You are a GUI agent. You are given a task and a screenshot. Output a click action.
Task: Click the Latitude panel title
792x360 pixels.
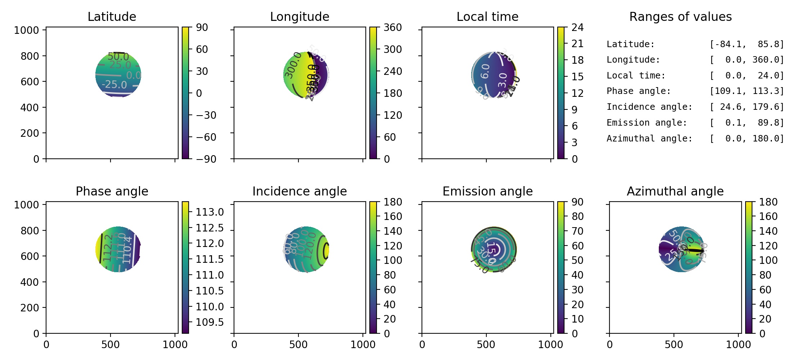pyautogui.click(x=112, y=17)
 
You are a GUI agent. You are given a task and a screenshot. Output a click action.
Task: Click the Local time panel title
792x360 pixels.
pyautogui.click(x=487, y=17)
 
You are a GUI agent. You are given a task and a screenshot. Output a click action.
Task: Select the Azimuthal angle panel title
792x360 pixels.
pyautogui.click(x=675, y=191)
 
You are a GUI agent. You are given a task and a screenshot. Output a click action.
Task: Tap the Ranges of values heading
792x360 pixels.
pyautogui.click(x=680, y=17)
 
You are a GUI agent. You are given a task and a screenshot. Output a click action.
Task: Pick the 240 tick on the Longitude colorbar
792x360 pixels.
pyautogui.click(x=392, y=71)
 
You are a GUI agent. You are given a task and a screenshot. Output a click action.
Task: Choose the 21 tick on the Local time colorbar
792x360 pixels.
pyautogui.click(x=577, y=44)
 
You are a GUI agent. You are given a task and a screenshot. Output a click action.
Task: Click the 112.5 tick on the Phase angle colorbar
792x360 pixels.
pyautogui.click(x=210, y=228)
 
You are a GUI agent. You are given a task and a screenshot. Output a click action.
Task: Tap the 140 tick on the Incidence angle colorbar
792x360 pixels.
pyautogui.click(x=392, y=231)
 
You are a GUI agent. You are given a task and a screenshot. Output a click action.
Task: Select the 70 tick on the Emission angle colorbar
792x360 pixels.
pyautogui.click(x=577, y=231)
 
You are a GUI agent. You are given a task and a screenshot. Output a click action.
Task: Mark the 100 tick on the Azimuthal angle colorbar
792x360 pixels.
pyautogui.click(x=768, y=260)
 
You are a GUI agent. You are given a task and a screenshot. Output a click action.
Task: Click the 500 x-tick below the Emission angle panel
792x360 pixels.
pyautogui.click(x=486, y=345)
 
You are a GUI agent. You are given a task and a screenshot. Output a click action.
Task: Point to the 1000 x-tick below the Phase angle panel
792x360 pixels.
pyautogui.click(x=175, y=345)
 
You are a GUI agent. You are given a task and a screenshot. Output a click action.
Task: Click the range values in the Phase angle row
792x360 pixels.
pyautogui.click(x=747, y=91)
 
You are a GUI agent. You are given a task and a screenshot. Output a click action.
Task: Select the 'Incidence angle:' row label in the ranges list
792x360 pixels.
pyautogui.click(x=649, y=107)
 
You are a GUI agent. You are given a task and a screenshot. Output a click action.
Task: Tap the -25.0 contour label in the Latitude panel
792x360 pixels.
pyautogui.click(x=114, y=85)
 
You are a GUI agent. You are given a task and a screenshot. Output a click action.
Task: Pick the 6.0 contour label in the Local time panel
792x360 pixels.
pyautogui.click(x=485, y=71)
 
